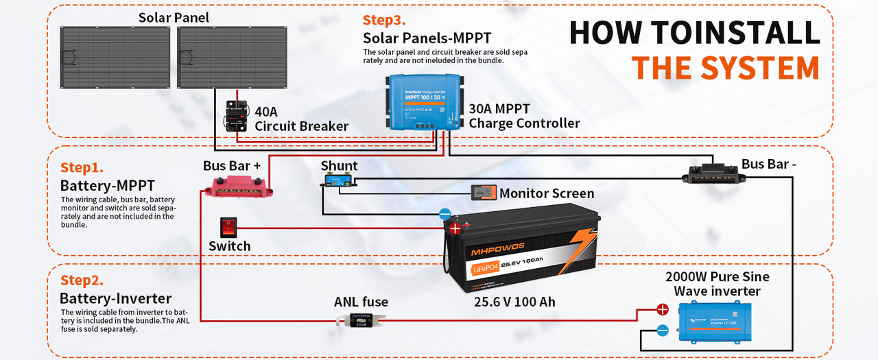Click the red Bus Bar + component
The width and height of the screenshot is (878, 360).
point(239,186)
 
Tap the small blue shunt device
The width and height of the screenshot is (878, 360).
point(341,181)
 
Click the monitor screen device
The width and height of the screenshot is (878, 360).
point(484,193)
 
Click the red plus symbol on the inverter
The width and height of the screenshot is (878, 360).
point(663,309)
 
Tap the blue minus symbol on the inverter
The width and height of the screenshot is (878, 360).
point(663,331)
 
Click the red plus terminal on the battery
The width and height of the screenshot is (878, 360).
point(454,228)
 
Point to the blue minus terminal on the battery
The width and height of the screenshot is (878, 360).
point(444,214)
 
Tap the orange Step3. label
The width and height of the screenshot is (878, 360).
point(384,21)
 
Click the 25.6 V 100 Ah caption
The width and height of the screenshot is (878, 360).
point(514,302)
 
